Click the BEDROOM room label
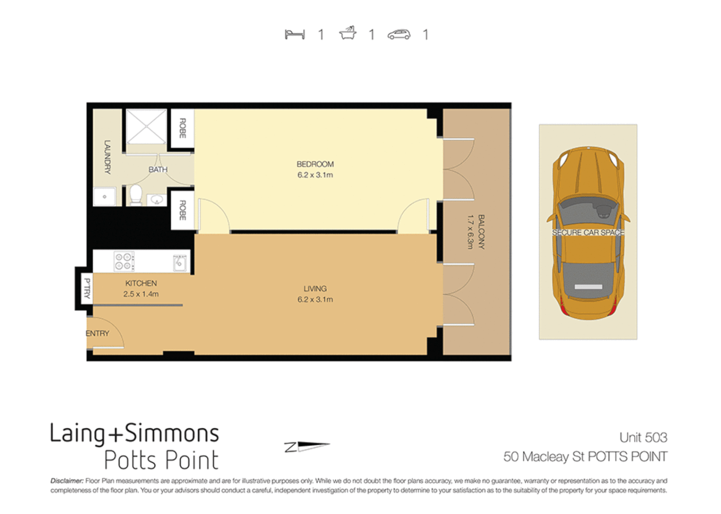315,164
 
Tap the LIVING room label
315,289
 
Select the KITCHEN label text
141,283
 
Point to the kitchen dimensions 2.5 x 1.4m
141,294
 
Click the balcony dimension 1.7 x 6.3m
470,232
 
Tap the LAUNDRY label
107,157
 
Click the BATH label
158,169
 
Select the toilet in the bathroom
136,195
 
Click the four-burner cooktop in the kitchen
124,261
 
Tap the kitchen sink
180,262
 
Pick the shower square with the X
146,126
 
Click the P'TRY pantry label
87,288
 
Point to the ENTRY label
97,334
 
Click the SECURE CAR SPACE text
588,233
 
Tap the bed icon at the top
294,34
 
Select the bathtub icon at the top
348,33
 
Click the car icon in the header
399,34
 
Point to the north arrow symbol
307,446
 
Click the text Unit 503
643,437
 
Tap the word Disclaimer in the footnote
67,481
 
